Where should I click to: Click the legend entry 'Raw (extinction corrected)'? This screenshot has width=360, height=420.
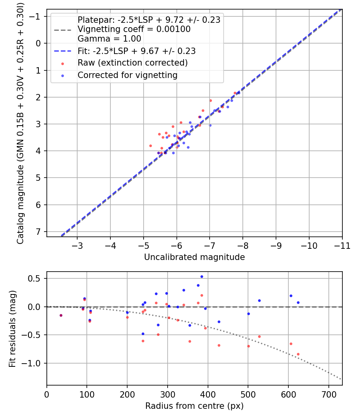click(x=132, y=63)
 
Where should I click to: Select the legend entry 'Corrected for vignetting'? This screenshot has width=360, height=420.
click(x=128, y=75)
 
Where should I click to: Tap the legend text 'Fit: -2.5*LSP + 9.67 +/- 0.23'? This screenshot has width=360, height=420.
click(x=137, y=51)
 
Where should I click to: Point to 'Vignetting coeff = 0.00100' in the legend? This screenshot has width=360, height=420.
click(x=134, y=29)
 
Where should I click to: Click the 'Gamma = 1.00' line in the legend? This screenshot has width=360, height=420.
click(x=109, y=38)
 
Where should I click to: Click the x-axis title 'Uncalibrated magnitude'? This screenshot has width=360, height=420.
click(x=194, y=257)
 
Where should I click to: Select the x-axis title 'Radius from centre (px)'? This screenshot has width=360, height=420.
click(x=194, y=406)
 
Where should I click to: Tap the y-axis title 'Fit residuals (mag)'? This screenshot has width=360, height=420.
click(x=12, y=329)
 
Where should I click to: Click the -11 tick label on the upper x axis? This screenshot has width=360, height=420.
click(x=342, y=246)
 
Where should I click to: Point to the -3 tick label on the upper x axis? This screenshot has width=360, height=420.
click(x=77, y=246)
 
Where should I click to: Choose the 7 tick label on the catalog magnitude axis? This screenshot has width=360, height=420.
click(x=38, y=232)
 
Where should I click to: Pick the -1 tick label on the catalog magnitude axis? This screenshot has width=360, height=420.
click(x=34, y=17)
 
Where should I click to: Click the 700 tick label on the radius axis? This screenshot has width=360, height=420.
click(x=329, y=394)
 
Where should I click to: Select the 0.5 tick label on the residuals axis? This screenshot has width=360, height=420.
click(x=34, y=278)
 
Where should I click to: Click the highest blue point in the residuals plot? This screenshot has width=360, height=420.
click(x=202, y=277)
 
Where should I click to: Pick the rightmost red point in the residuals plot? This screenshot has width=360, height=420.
click(x=298, y=354)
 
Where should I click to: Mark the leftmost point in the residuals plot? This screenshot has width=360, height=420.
click(x=61, y=316)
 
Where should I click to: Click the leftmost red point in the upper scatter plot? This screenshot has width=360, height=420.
click(x=150, y=146)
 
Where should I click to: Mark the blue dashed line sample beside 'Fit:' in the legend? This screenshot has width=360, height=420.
click(x=63, y=51)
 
